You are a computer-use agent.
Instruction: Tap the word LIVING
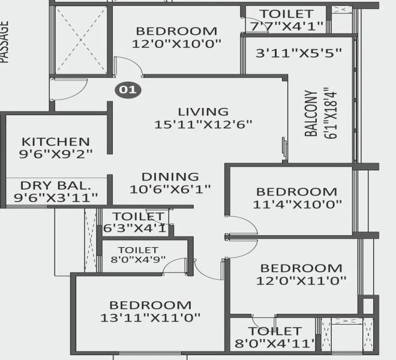pos(203,112)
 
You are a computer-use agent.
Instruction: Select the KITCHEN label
pos(56,142)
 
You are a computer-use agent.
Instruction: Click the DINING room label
pos(170,176)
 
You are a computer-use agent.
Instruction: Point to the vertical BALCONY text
pos(311,114)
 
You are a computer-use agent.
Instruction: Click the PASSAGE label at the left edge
pos(5,42)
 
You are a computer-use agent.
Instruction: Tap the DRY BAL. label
pos(55,185)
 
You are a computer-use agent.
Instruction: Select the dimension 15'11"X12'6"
pos(203,125)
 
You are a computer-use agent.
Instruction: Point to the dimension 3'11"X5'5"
pos(298,52)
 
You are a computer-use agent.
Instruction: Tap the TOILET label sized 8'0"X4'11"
pos(275,331)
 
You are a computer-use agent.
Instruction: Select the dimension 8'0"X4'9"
pos(139,260)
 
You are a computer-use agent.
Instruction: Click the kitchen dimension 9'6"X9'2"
pos(56,154)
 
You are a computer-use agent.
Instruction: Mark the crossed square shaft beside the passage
pos(80,40)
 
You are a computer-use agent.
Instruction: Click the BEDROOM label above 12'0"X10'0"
pos(176,31)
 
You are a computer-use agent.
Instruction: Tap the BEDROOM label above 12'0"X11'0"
pos(301,268)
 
